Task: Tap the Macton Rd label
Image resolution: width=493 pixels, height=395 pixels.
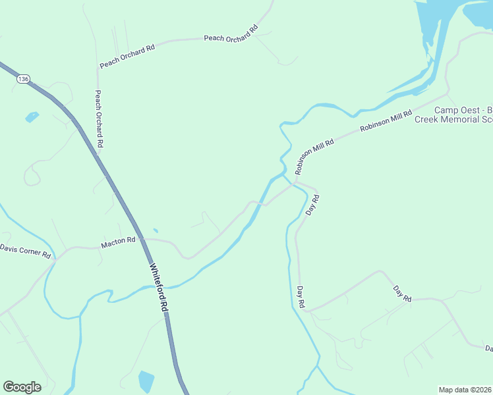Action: (x=118, y=244)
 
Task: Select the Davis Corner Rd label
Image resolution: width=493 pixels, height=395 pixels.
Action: (x=25, y=251)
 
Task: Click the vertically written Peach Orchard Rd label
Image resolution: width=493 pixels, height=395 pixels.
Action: (x=99, y=118)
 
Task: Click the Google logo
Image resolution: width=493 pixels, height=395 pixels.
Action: (x=22, y=387)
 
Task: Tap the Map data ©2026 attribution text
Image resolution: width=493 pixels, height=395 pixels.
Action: (x=465, y=390)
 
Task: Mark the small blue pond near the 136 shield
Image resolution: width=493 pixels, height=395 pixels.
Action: (x=32, y=117)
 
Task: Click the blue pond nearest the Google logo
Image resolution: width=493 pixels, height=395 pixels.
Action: (x=146, y=381)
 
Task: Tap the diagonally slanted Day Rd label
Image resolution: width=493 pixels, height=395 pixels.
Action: (x=402, y=294)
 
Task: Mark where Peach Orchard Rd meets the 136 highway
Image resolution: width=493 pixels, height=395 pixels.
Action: (x=98, y=155)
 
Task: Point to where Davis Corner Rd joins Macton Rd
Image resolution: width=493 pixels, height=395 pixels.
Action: (x=57, y=257)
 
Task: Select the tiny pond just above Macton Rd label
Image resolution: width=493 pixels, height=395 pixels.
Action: (x=155, y=230)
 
